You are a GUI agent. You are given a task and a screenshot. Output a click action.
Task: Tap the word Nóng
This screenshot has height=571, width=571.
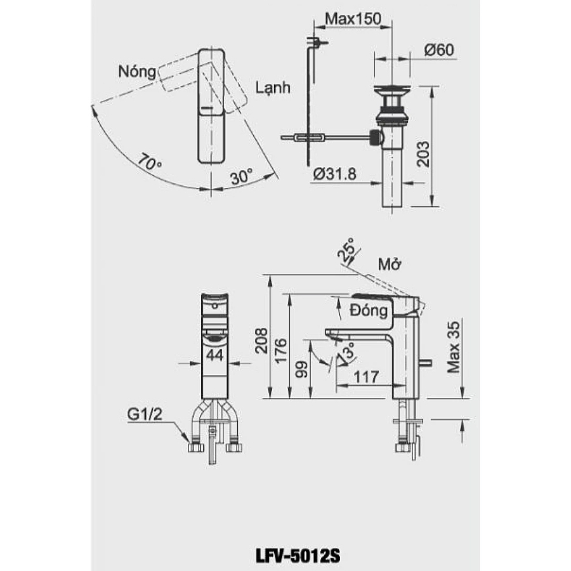click(x=136, y=72)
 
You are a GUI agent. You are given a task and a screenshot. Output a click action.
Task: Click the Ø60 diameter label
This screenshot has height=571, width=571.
click(x=437, y=51)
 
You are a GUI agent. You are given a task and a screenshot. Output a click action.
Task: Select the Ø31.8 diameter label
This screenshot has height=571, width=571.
click(x=333, y=174)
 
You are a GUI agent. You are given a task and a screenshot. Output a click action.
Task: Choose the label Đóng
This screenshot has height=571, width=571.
click(x=369, y=311)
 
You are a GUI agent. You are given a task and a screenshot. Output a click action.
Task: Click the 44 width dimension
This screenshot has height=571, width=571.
click(x=214, y=355)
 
